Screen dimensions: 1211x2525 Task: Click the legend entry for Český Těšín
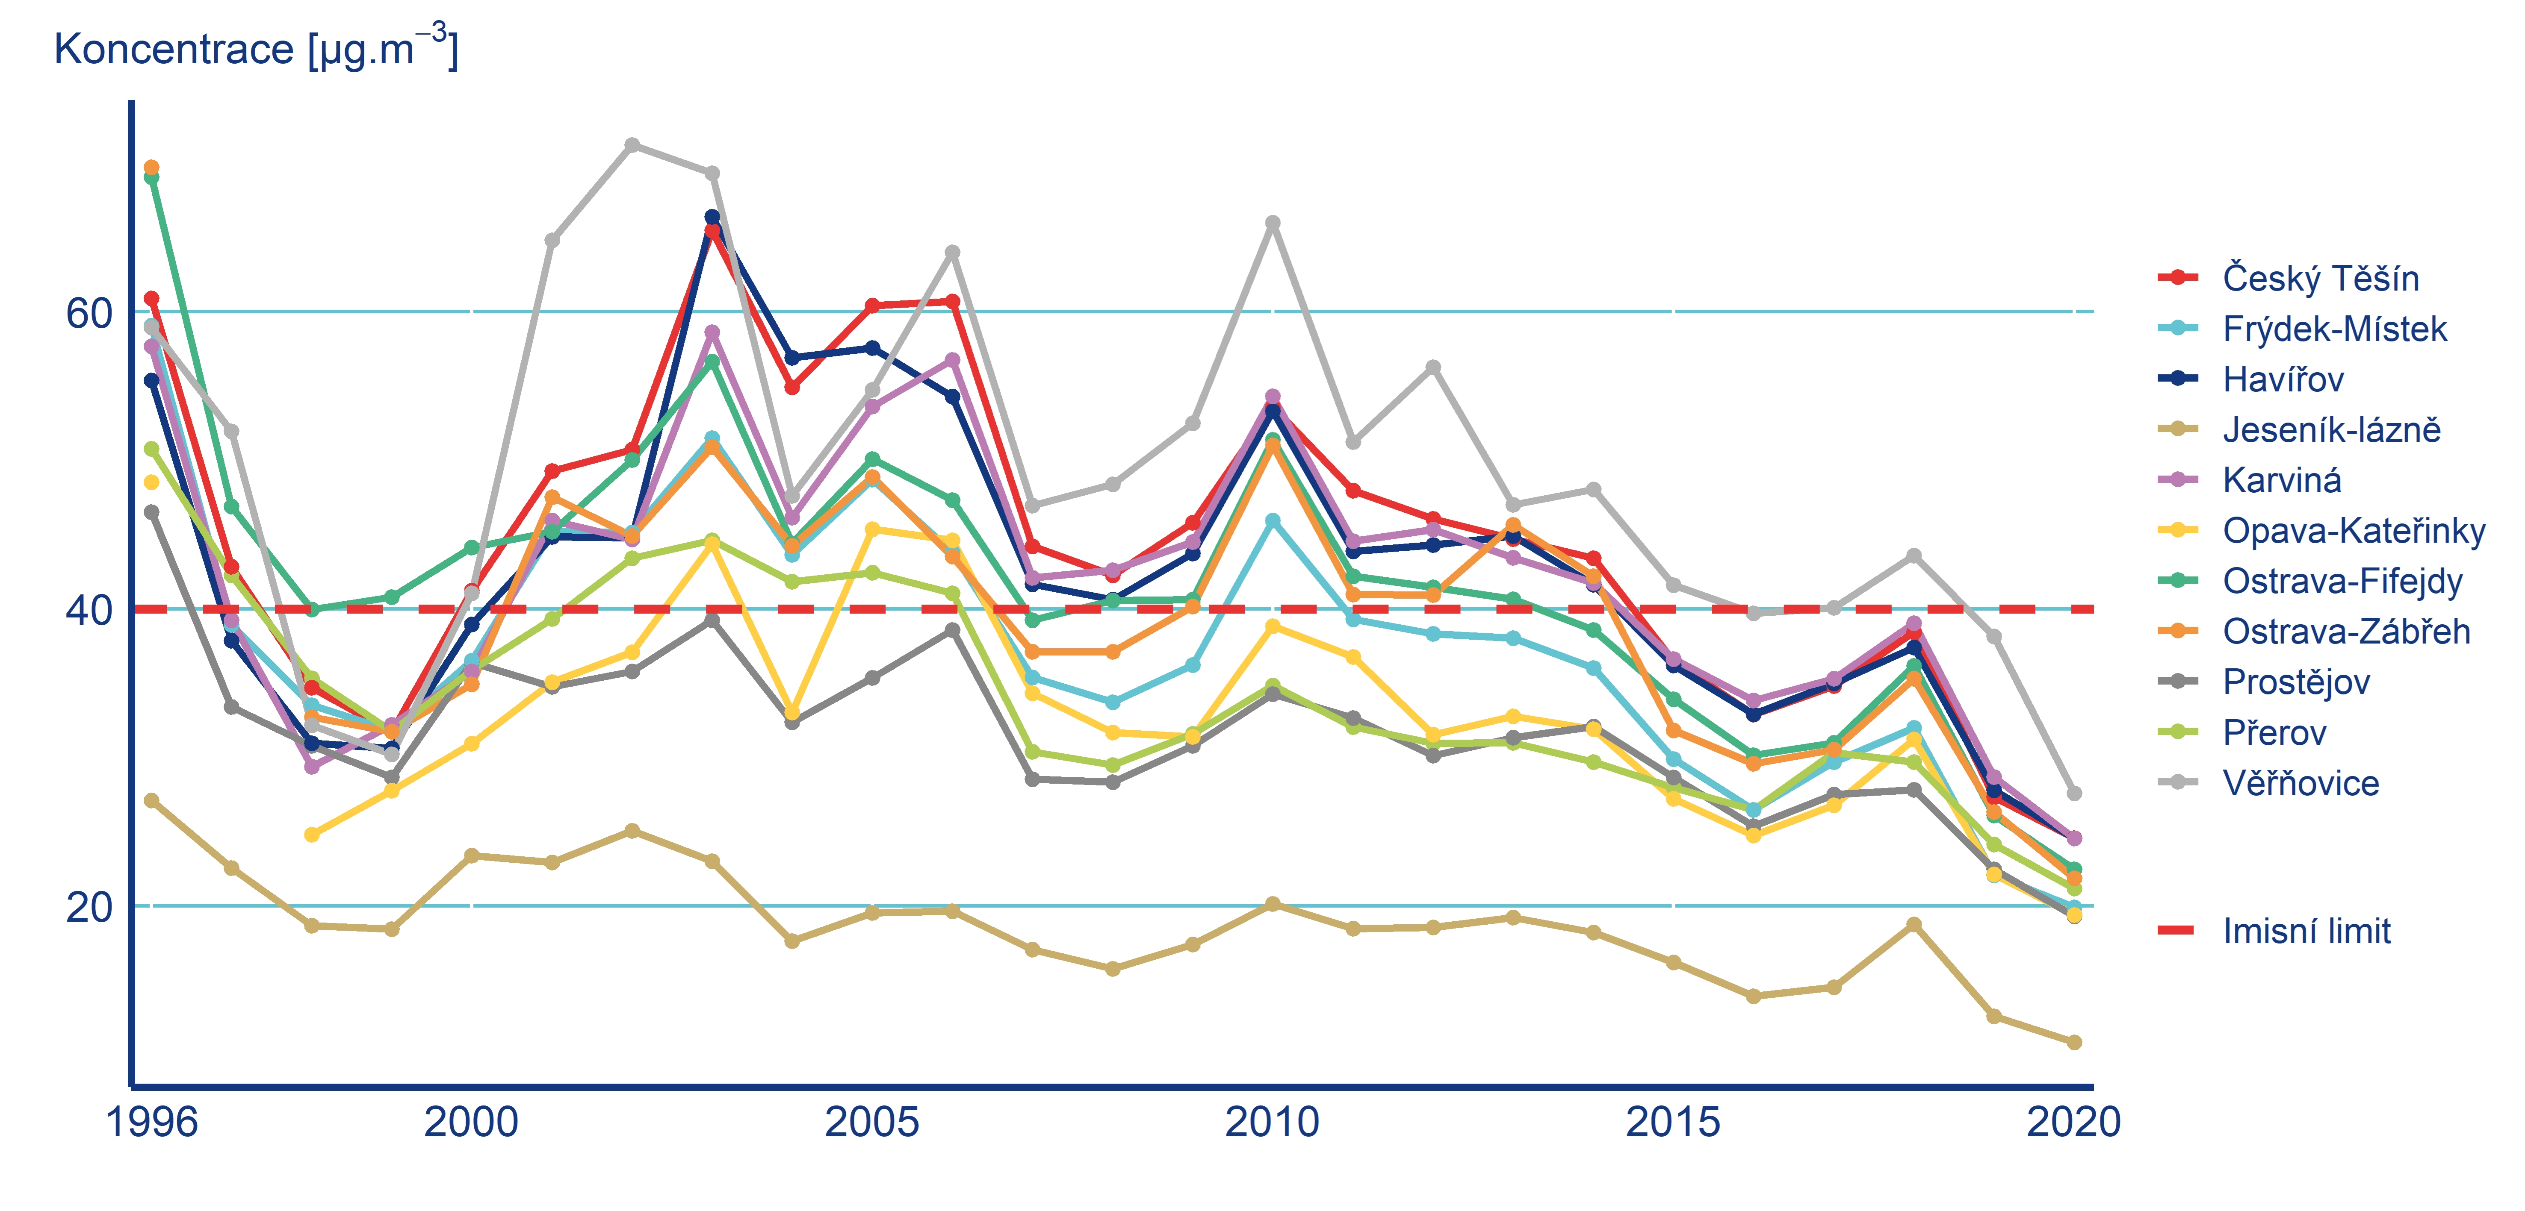[x=2320, y=278]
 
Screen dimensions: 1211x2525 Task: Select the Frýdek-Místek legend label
[x=2334, y=329]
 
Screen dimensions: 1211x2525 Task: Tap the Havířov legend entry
[x=2283, y=379]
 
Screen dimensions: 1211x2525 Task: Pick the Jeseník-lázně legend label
[x=2331, y=429]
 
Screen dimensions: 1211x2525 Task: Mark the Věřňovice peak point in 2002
[x=632, y=145]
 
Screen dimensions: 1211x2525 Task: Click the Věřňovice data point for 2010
[x=1272, y=223]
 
